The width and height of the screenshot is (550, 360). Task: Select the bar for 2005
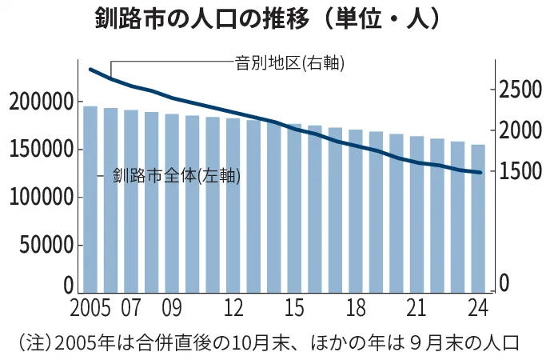pyautogui.click(x=90, y=200)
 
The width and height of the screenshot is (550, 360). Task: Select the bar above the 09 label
pyautogui.click(x=172, y=203)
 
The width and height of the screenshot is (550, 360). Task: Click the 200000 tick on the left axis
pyautogui.click(x=41, y=102)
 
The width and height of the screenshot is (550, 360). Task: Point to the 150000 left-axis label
pyautogui.click(x=41, y=150)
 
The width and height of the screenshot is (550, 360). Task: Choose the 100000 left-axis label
pyautogui.click(x=41, y=197)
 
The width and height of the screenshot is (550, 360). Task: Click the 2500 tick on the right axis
pyautogui.click(x=520, y=90)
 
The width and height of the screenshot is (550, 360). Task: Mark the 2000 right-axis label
pyautogui.click(x=520, y=130)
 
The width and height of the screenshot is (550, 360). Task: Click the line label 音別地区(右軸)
pyautogui.click(x=289, y=62)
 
